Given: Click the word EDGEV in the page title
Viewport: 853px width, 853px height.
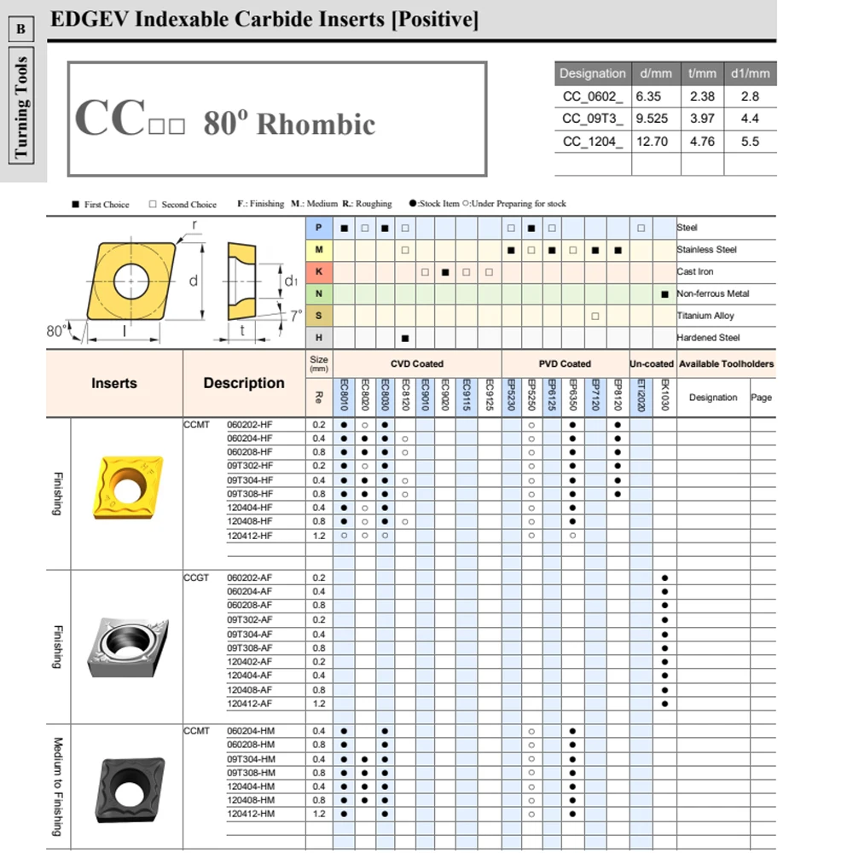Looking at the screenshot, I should click(x=83, y=18).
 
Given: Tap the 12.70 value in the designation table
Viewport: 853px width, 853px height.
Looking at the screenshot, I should click(x=653, y=141).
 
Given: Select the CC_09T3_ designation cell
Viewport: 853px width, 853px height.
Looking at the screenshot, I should click(x=593, y=119).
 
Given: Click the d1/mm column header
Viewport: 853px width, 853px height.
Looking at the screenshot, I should click(x=750, y=73).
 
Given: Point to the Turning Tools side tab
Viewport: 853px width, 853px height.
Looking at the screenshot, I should click(x=21, y=108).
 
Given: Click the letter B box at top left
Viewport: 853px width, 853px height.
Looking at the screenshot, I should click(x=21, y=30).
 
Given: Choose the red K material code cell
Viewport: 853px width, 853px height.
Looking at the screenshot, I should click(x=319, y=272).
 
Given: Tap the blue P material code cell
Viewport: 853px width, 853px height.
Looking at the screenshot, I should click(x=319, y=228).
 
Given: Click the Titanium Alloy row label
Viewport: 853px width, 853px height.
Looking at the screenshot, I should click(x=705, y=316).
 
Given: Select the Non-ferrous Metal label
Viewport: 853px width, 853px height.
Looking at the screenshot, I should click(x=713, y=294).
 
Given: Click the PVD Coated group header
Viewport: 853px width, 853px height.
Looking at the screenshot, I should click(x=565, y=363).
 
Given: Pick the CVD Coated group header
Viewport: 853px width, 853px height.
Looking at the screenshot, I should click(x=417, y=363).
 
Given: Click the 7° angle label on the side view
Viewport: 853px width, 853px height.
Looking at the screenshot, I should click(x=295, y=316).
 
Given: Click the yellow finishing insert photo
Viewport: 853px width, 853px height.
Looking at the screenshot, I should click(x=126, y=489).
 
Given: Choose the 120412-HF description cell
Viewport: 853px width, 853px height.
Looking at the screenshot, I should click(x=250, y=536).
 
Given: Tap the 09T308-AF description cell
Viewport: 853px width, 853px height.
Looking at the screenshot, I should click(x=250, y=648).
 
